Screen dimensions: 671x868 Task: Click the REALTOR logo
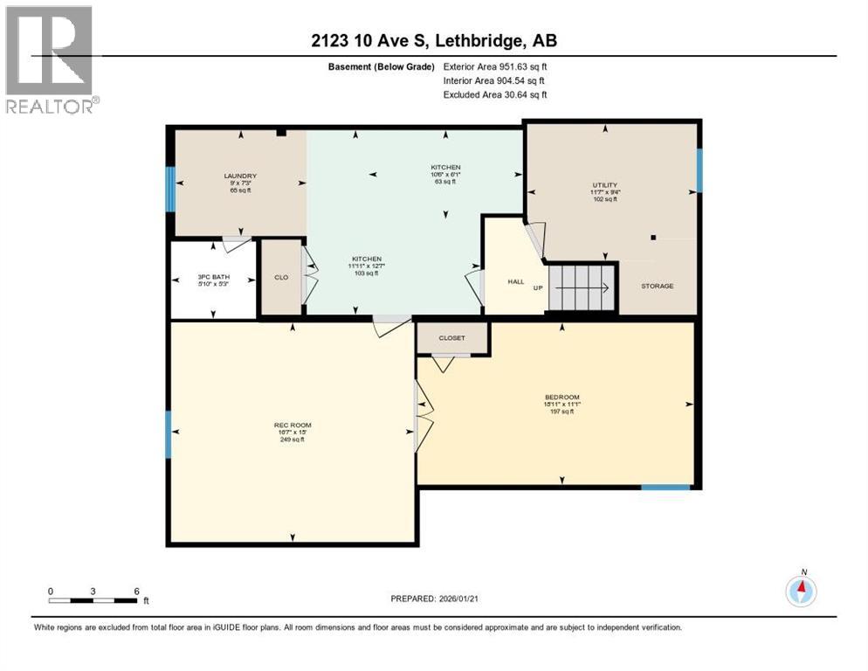pos(51,59)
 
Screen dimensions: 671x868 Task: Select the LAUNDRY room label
pos(240,176)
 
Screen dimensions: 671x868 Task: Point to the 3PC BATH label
pos(213,280)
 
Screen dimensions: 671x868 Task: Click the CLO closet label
pos(281,278)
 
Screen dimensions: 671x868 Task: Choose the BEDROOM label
pos(561,398)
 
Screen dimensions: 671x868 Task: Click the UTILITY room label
pos(605,185)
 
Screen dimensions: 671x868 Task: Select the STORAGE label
pos(657,286)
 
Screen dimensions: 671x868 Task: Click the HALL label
pos(515,281)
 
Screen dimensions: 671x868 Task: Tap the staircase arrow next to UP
pos(583,286)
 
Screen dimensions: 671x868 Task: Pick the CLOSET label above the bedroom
pos(452,337)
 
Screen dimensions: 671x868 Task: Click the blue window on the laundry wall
pos(171,188)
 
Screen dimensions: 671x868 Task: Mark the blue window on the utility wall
pos(699,169)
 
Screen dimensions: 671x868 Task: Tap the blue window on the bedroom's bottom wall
pos(665,487)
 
